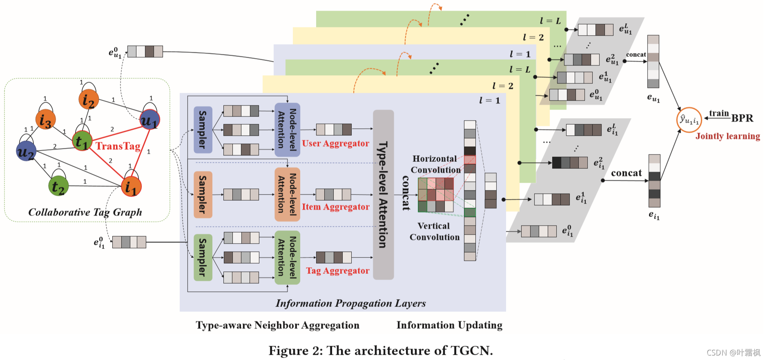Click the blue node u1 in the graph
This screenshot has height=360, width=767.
(x=149, y=120)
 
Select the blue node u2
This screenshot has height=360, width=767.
(x=26, y=151)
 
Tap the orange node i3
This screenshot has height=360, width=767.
(x=45, y=120)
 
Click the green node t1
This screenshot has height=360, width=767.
(x=82, y=141)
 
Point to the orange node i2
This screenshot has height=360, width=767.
(x=89, y=99)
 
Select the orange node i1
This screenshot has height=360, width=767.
(x=131, y=187)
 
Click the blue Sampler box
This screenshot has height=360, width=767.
(x=203, y=130)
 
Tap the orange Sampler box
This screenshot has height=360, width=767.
(x=203, y=195)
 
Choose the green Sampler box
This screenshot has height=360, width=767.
(x=203, y=257)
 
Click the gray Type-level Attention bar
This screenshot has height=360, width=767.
(x=383, y=195)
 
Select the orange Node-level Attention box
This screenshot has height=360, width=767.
(x=287, y=195)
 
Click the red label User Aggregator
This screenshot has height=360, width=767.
(x=335, y=143)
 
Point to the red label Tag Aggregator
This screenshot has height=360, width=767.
(x=338, y=271)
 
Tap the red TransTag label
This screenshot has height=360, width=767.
(x=118, y=146)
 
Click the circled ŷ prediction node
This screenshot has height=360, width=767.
(x=689, y=120)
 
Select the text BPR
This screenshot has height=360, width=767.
(x=742, y=119)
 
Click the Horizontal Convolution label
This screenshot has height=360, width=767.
(x=435, y=164)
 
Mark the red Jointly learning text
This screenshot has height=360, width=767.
(x=728, y=136)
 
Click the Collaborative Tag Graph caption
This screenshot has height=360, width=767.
(x=85, y=212)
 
